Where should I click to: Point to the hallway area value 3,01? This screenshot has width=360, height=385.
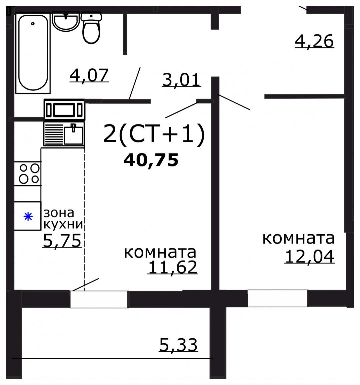click(x=181, y=80)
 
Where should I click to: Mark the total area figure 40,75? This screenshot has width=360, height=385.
click(x=151, y=160)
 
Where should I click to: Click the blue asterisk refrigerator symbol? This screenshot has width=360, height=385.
click(x=28, y=217)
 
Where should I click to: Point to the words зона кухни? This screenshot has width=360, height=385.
click(x=63, y=219)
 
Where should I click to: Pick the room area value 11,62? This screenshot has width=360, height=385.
click(x=173, y=267)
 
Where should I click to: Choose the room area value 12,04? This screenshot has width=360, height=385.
click(x=309, y=257)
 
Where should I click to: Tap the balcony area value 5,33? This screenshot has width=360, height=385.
click(x=178, y=345)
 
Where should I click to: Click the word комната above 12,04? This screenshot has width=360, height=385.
click(x=298, y=239)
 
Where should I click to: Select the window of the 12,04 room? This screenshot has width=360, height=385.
click(x=277, y=298)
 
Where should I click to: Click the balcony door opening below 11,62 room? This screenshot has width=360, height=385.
click(x=99, y=299)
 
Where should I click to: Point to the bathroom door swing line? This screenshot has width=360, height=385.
click(x=135, y=83)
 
